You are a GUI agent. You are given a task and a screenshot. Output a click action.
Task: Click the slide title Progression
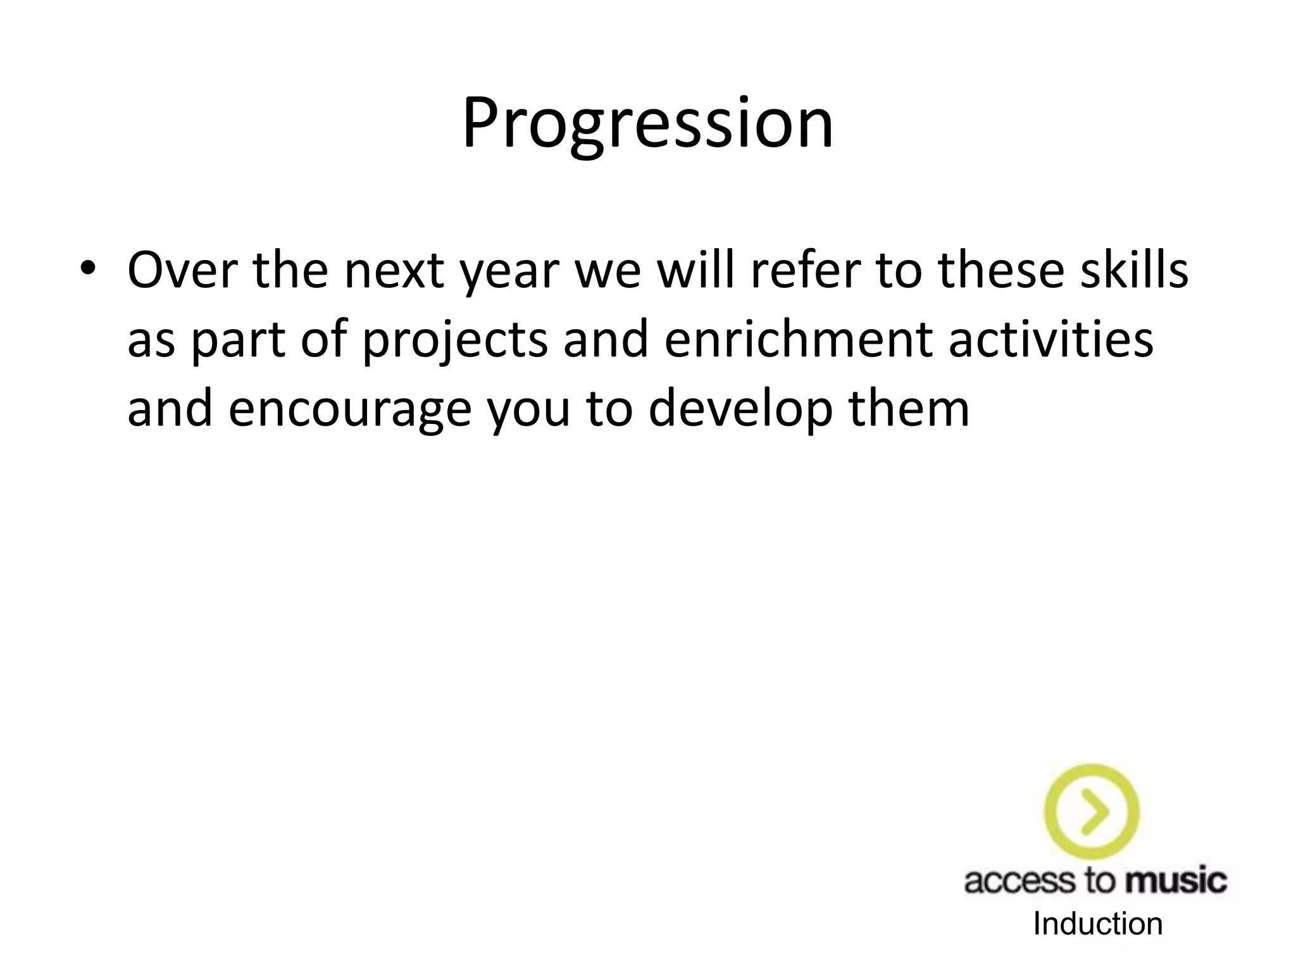coord(647,123)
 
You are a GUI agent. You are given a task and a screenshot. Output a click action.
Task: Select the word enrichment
coord(798,340)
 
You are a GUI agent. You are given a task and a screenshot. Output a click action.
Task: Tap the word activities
coord(1050,340)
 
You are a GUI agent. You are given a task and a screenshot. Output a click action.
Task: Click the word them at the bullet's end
coord(909,409)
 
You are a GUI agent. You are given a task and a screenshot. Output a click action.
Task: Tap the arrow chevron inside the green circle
coord(1094,811)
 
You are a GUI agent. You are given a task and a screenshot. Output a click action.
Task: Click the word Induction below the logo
coord(1098,924)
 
